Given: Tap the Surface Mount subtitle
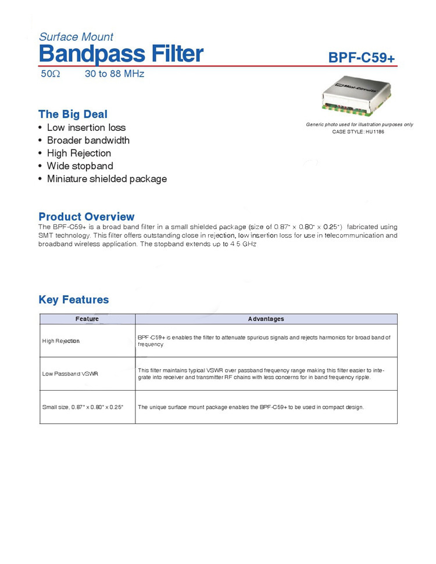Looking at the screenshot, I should click(x=76, y=37).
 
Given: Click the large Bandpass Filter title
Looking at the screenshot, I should click(x=121, y=53).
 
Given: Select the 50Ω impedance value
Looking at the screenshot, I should click(x=51, y=74).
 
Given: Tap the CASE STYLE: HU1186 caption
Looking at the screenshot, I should click(x=359, y=132).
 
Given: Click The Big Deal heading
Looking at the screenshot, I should click(x=73, y=114).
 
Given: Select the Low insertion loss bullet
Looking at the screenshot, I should click(x=86, y=127).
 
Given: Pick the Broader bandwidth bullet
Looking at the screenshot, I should click(x=88, y=140).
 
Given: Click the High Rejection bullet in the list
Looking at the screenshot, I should click(x=78, y=153).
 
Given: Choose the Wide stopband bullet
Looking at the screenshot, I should click(x=80, y=166).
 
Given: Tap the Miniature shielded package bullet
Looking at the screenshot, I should click(x=106, y=179).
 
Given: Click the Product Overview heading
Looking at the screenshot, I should click(x=86, y=217).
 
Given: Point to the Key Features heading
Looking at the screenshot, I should click(x=74, y=300).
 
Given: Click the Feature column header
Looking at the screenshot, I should click(x=87, y=319).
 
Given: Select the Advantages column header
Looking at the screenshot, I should click(x=266, y=319).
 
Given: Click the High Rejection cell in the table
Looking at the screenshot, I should click(x=61, y=341).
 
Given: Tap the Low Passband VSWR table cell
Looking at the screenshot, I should click(x=70, y=373).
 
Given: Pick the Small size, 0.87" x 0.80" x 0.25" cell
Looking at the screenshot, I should click(x=83, y=407).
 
